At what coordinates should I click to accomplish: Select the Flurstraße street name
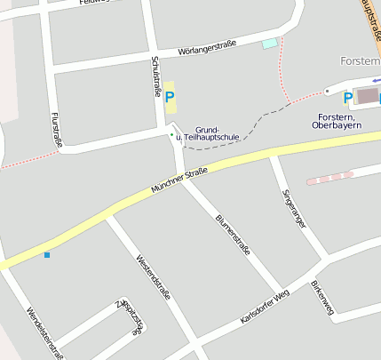pyautogui.click(x=56, y=129)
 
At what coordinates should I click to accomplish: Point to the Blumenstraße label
pyautogui.click(x=233, y=234)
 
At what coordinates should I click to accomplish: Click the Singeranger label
pyautogui.click(x=293, y=210)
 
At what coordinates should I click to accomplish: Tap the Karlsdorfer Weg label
pyautogui.click(x=265, y=307)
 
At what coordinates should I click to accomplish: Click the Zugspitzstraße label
pyautogui.click(x=130, y=316)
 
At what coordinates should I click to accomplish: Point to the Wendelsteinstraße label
pyautogui.click(x=45, y=331)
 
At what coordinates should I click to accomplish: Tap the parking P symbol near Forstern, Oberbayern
pyautogui.click(x=348, y=97)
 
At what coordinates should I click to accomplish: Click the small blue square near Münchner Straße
pyautogui.click(x=46, y=255)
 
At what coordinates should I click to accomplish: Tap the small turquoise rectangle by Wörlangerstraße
pyautogui.click(x=269, y=43)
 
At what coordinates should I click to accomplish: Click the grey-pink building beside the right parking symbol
pyautogui.click(x=367, y=95)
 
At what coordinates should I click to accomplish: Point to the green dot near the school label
pyautogui.click(x=172, y=134)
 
